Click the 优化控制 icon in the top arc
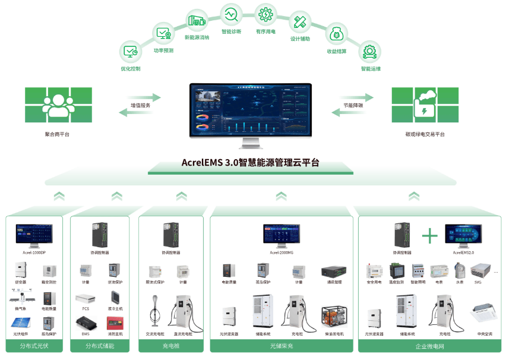click(x=130, y=52)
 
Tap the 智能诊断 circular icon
click(x=230, y=13)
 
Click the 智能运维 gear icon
click(x=370, y=52)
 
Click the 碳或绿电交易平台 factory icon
click(x=426, y=105)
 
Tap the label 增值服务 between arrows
click(x=140, y=105)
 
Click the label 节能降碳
click(x=353, y=105)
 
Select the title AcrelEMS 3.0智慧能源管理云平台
click(x=250, y=162)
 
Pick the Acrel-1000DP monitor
click(x=34, y=235)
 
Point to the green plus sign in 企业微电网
click(x=429, y=236)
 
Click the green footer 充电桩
click(x=173, y=346)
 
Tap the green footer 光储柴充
click(x=282, y=346)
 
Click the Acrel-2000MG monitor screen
click(x=282, y=233)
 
